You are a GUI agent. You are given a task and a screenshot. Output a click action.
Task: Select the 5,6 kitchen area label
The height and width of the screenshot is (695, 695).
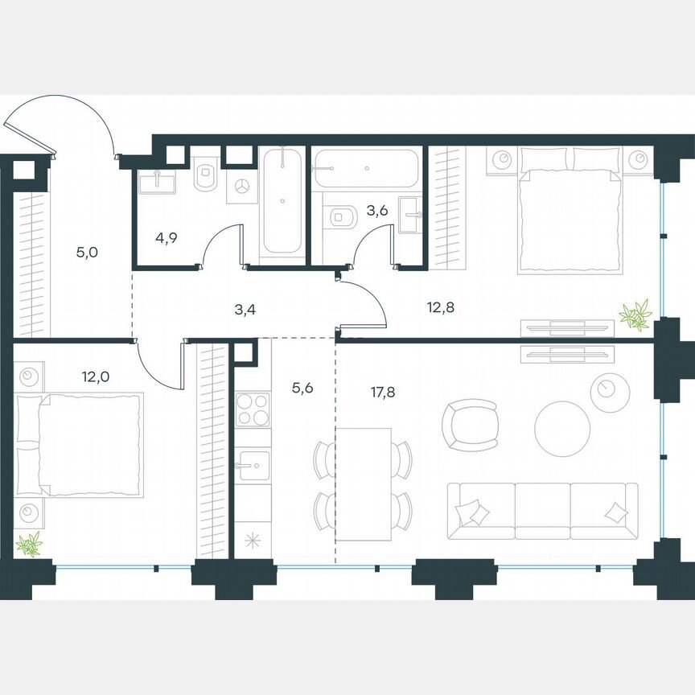pyautogui.click(x=302, y=388)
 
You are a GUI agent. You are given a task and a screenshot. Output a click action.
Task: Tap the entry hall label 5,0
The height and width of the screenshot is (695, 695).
pyautogui.click(x=87, y=253)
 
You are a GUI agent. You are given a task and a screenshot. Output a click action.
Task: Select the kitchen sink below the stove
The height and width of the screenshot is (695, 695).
pyautogui.click(x=253, y=466)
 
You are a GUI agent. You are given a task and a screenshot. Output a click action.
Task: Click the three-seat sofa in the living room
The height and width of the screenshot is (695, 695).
pyautogui.click(x=542, y=511)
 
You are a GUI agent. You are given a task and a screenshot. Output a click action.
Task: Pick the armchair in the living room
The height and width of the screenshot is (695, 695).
pyautogui.click(x=470, y=424)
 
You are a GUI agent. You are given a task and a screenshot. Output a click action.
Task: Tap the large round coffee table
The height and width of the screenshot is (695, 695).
pyautogui.click(x=562, y=428)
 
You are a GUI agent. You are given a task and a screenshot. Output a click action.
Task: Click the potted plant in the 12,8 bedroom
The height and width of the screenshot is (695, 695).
pyautogui.click(x=636, y=315)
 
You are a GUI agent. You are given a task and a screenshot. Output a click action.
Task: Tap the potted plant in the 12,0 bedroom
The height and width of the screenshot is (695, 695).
pyautogui.click(x=30, y=545)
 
